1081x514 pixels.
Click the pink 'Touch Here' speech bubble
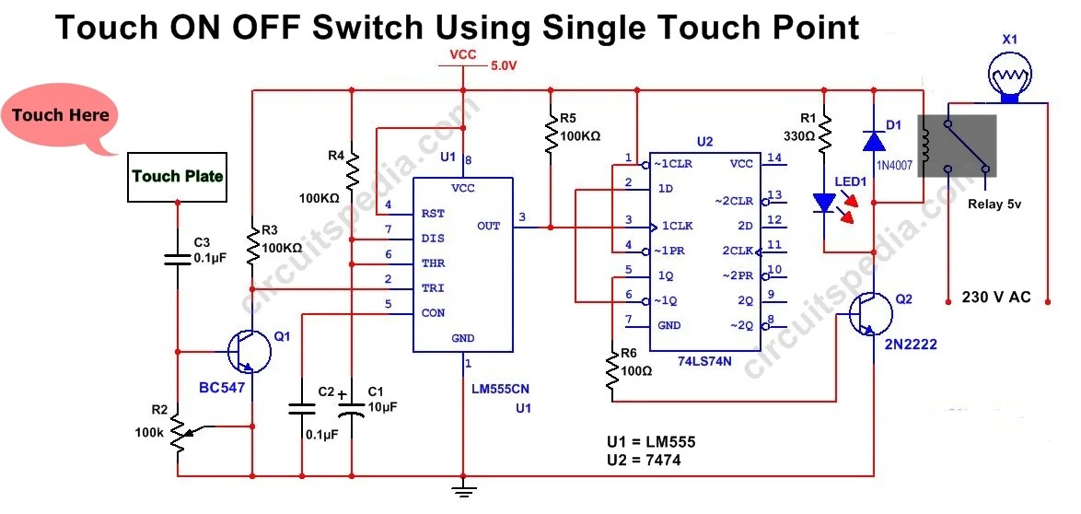[61, 115]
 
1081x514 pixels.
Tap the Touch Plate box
[178, 176]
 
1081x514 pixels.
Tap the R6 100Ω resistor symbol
[610, 370]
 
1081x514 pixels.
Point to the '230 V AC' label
[995, 298]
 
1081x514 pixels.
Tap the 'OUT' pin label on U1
[489, 226]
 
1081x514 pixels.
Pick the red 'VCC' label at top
[463, 55]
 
